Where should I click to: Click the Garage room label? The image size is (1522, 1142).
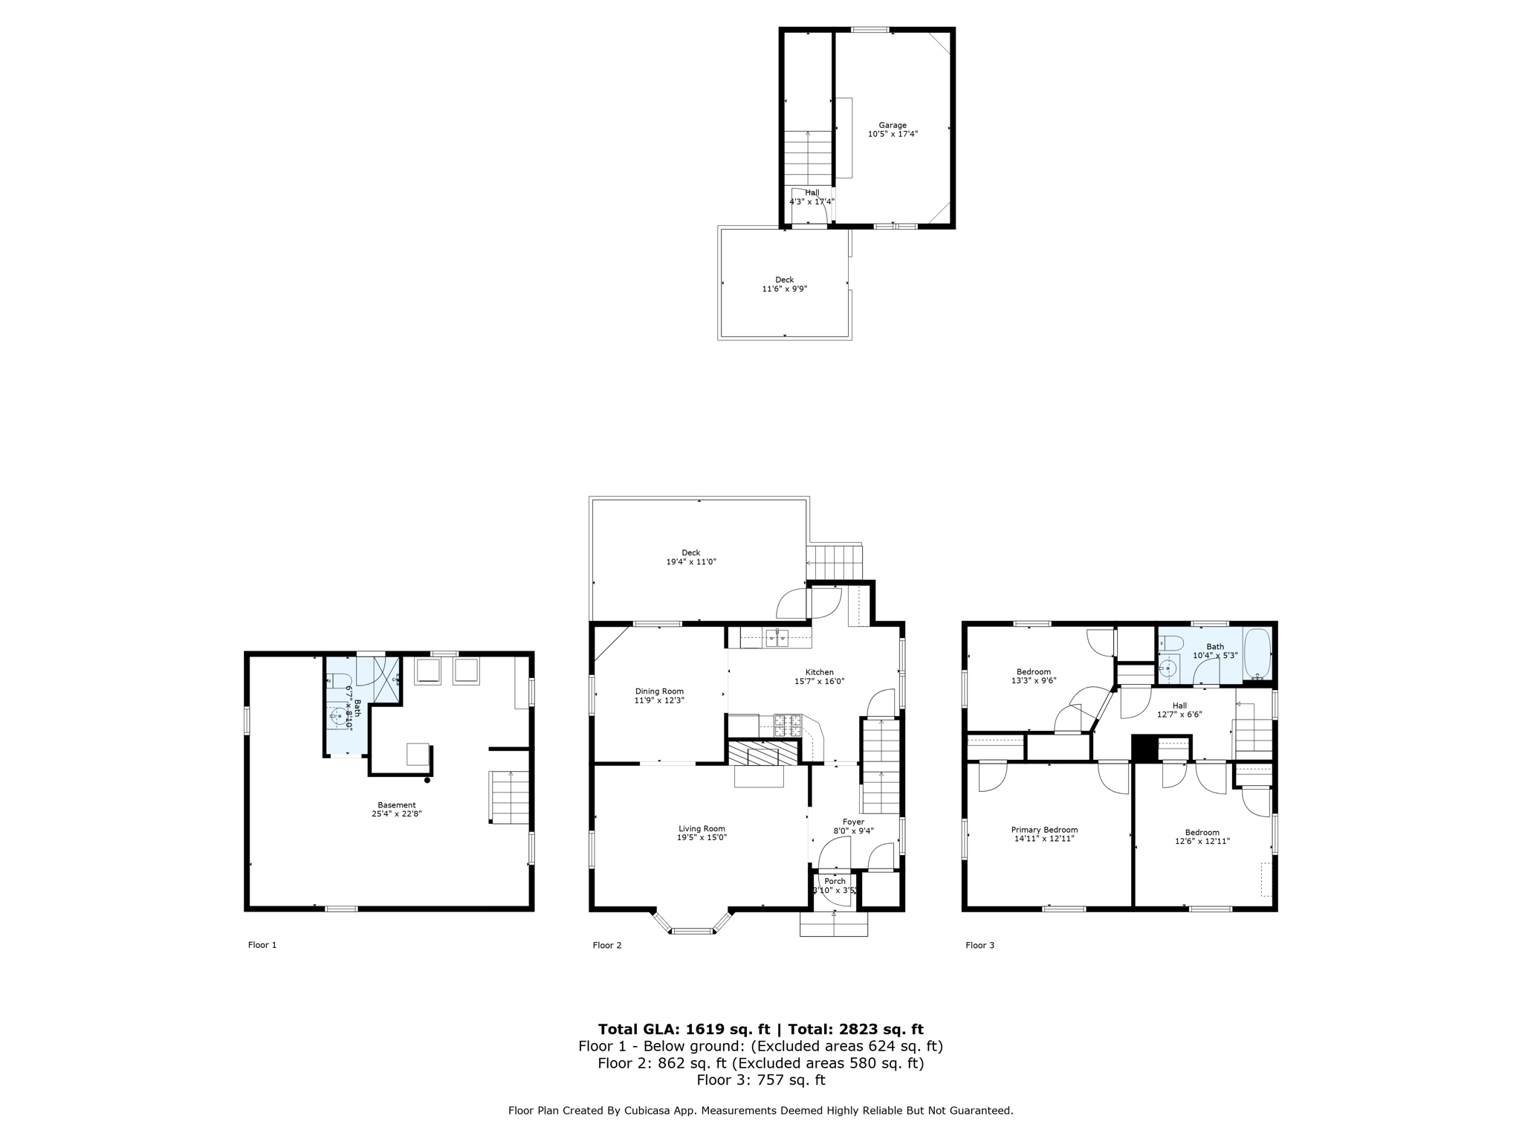coord(893,126)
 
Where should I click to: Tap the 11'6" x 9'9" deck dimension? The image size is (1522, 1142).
coord(784,289)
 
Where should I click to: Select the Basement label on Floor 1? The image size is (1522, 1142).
coord(396,805)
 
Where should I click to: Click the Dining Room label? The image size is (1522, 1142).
coord(658,691)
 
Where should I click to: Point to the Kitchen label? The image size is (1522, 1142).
coord(820,672)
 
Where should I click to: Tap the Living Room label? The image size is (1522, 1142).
coord(701,829)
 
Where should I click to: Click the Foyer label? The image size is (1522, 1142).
coord(853,822)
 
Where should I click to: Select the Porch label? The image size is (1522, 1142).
coord(835,881)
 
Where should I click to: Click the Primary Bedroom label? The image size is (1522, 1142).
coord(1044,830)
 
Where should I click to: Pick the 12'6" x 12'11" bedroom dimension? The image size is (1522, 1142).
coord(1202,842)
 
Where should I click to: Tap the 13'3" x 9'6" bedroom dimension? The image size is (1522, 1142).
coord(1033,680)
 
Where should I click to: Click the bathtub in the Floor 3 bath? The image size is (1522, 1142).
coord(1257,654)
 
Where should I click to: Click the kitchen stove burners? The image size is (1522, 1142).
coord(788,725)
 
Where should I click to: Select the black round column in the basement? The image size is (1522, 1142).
coord(427,780)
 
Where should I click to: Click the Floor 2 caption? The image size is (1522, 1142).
coord(606,945)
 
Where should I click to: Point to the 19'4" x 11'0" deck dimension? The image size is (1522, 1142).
coord(690,562)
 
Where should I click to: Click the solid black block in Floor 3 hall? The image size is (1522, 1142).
coord(1144,749)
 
